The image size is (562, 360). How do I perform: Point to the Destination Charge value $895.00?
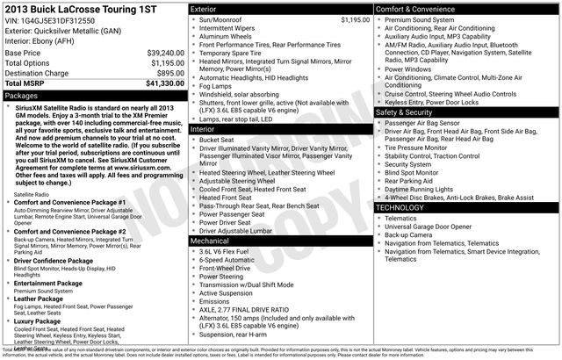coord(168,73)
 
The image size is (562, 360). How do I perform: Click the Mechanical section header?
coord(210,240)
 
